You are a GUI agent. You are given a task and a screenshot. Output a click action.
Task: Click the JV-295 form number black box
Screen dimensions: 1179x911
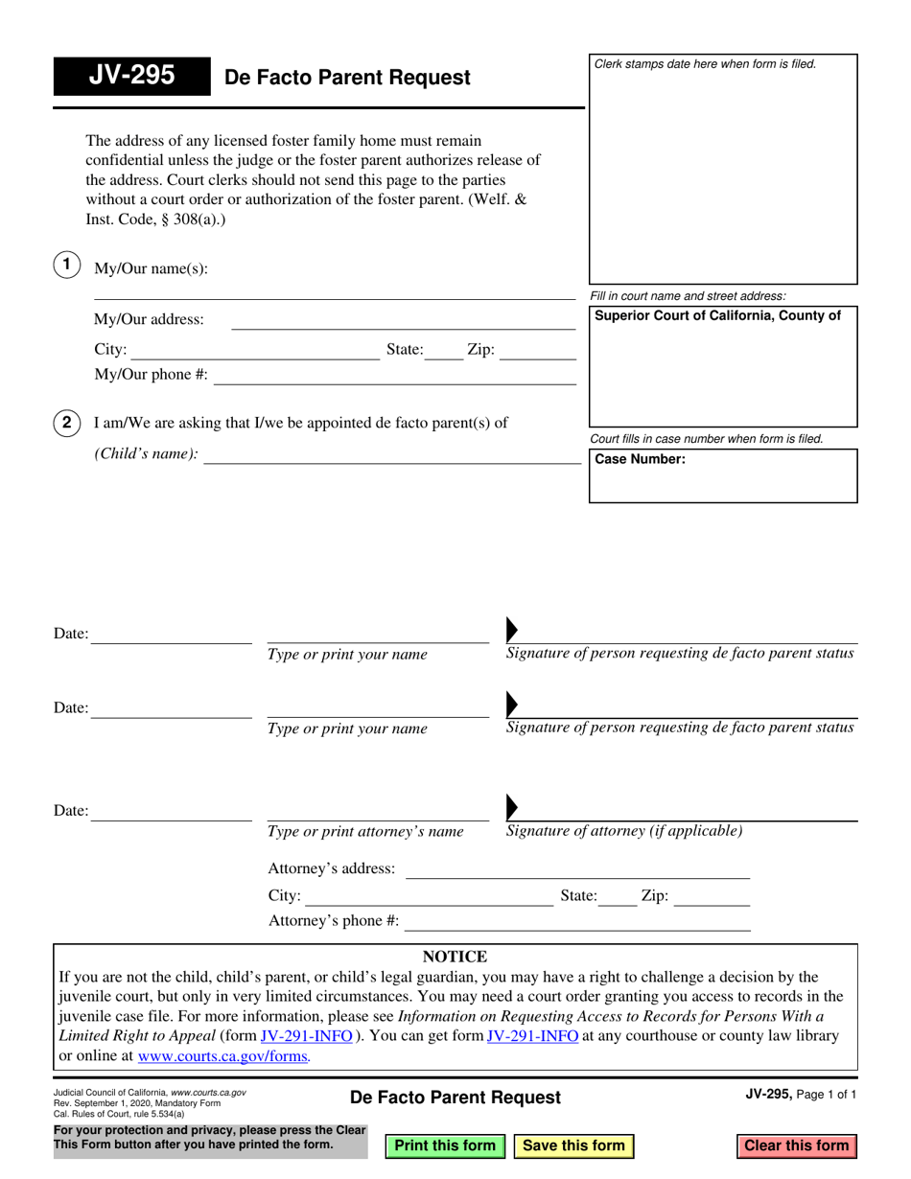click(131, 76)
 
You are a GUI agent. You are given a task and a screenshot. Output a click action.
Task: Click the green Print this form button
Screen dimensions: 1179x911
click(445, 1145)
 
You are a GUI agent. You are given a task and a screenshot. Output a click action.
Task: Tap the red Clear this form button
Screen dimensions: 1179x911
click(796, 1145)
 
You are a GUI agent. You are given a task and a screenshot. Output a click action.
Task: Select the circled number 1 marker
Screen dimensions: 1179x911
click(66, 266)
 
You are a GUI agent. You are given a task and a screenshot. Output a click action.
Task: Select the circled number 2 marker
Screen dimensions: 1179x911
click(66, 423)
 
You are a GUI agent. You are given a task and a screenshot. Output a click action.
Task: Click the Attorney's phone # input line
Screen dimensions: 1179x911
click(578, 921)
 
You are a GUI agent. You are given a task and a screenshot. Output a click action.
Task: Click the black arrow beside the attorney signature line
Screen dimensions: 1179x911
click(511, 804)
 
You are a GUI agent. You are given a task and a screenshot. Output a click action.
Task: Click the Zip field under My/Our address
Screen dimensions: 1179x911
click(538, 351)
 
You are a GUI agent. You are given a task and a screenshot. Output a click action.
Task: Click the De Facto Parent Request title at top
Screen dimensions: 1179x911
click(347, 78)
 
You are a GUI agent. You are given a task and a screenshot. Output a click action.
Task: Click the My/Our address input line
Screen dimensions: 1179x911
click(404, 320)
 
